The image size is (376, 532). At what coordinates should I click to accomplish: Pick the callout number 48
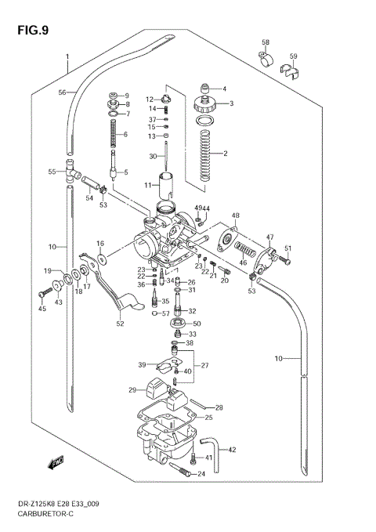pos(235,215)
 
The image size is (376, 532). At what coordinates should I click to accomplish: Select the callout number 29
pos(133,389)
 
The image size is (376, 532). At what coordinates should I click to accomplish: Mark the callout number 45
pos(42,309)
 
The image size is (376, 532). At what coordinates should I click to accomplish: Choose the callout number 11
pos(147,185)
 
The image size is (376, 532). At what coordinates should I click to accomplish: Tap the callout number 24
pos(201,474)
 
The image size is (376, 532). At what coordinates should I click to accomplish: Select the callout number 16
pos(100,244)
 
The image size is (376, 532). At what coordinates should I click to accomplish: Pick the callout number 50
pos(197,323)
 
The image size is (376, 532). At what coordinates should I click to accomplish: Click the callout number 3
pos(231,103)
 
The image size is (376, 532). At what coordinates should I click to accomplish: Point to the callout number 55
pos(52,172)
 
